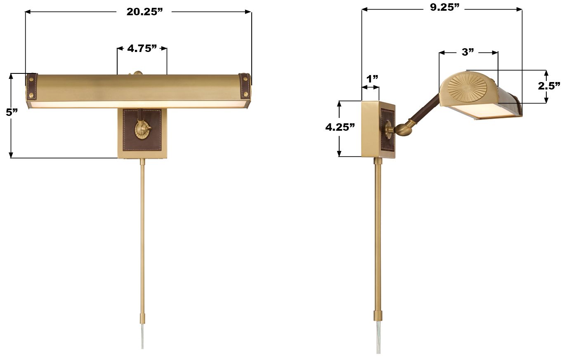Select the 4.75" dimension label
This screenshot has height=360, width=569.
coord(142,49)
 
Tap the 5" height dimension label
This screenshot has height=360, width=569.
coord(12,112)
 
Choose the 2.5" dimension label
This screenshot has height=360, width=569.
coord(549,86)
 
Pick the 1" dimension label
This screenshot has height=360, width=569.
coord(372,78)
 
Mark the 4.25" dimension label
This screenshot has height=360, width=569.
coord(340,127)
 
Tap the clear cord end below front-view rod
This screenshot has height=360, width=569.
coord(142,336)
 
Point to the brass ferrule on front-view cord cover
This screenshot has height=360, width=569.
coord(142,319)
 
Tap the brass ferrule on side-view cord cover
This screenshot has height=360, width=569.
coord(378,316)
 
